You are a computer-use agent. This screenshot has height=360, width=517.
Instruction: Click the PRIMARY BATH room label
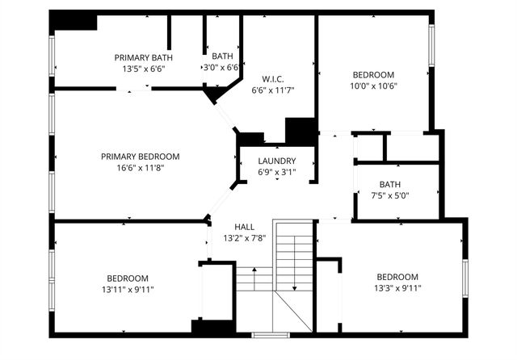(x=143, y=57)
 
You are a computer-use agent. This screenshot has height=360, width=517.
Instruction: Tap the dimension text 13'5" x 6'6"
(x=143, y=69)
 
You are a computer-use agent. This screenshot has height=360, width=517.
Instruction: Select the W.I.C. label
(x=271, y=78)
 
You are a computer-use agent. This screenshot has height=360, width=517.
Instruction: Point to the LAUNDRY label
(x=276, y=161)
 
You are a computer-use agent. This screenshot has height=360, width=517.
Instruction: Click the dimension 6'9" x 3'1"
(x=276, y=172)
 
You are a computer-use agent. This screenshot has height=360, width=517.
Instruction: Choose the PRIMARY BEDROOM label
(x=140, y=157)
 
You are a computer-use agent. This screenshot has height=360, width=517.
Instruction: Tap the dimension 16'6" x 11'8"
(x=140, y=169)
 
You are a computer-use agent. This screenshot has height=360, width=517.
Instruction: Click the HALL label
(x=244, y=227)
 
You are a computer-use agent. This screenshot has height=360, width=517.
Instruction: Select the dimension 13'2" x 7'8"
(x=244, y=239)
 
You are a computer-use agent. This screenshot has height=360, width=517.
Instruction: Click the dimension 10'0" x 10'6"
(x=373, y=86)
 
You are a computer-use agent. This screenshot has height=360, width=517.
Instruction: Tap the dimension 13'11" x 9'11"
(x=128, y=289)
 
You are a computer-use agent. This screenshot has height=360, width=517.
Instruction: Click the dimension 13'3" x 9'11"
(x=397, y=288)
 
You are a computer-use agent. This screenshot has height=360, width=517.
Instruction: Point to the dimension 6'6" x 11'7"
(x=271, y=90)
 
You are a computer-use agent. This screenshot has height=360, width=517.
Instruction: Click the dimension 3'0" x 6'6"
(x=221, y=68)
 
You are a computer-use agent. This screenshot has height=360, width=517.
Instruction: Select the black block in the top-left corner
(x=74, y=22)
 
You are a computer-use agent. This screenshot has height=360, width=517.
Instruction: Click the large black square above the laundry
(x=301, y=132)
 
